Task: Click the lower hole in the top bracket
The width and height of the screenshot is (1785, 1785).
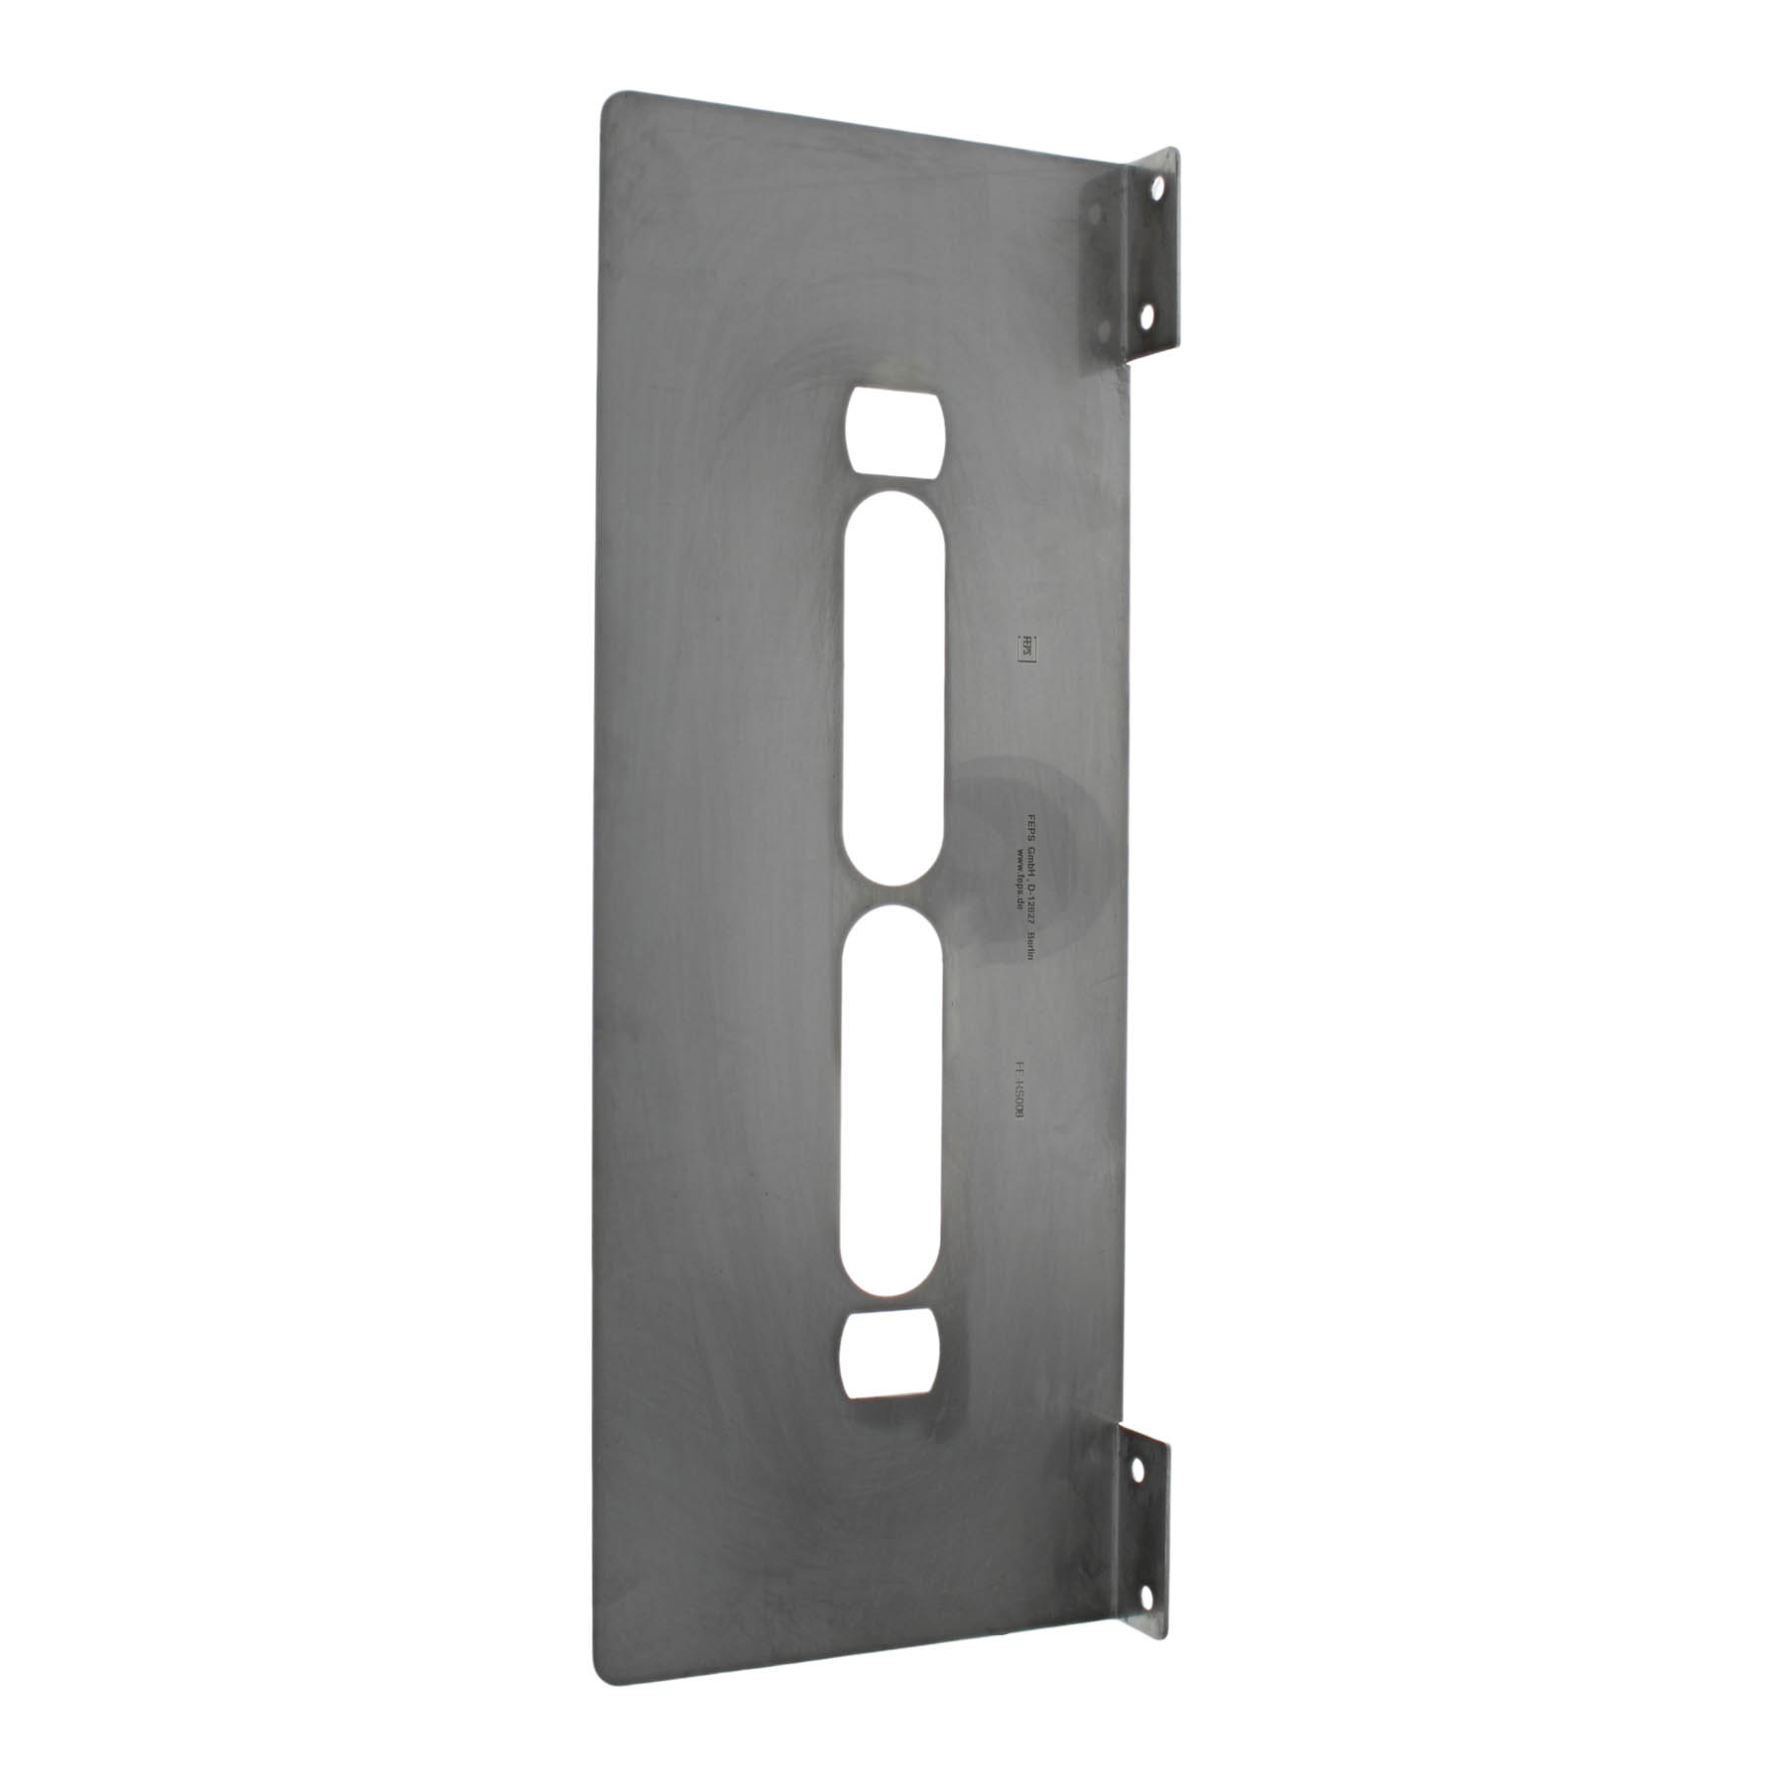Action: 1147,317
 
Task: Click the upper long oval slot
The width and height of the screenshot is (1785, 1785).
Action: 892,684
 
